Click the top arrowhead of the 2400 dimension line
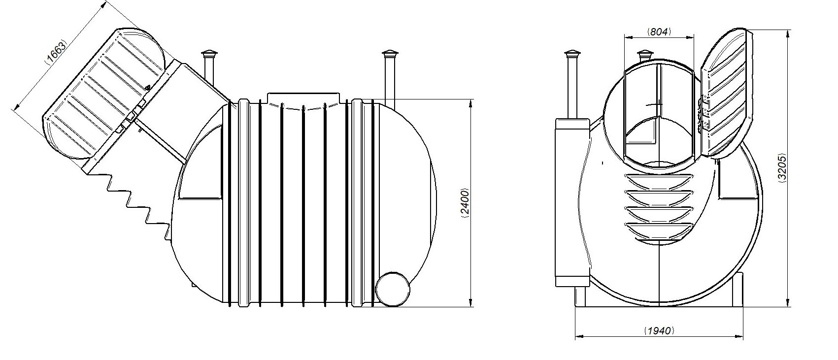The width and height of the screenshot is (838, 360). [x=470, y=103]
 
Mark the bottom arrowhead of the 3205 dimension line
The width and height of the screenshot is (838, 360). [x=789, y=303]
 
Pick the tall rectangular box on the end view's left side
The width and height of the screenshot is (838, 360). [x=572, y=202]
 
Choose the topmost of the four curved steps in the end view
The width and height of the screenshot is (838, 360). [x=658, y=181]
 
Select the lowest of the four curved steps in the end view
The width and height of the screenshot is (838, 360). [x=658, y=230]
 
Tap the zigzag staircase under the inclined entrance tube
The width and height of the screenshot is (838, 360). [x=136, y=202]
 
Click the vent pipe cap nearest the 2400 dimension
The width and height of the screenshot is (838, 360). [x=390, y=54]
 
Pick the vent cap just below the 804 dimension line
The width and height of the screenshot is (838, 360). [x=644, y=55]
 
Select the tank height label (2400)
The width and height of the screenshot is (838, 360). [x=465, y=203]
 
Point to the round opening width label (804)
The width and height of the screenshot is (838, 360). [x=659, y=32]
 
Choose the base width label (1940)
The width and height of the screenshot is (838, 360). [x=659, y=330]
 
